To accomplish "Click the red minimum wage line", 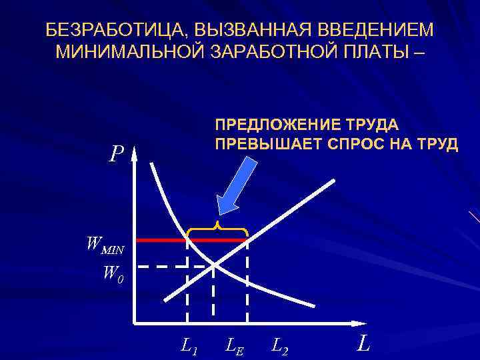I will pos(160,239).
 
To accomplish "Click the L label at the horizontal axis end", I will pos(363,344).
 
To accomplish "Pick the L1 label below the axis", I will pos(189,345).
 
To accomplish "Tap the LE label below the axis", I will pos(233,345).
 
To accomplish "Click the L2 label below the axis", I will pos(280,345).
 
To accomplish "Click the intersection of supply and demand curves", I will pos(214,265).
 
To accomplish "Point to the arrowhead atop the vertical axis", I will pos(134,155).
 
